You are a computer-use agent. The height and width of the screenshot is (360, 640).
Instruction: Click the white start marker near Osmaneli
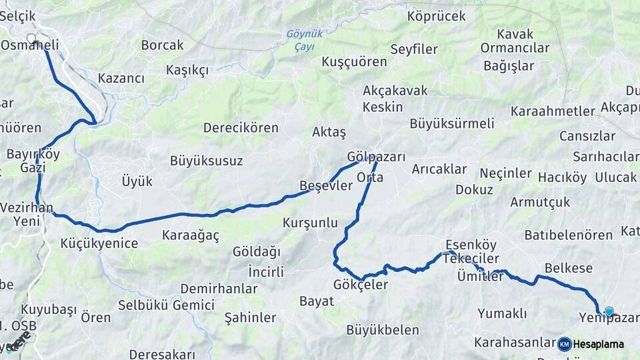[31, 39]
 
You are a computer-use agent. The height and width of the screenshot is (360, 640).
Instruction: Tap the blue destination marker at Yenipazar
[609, 311]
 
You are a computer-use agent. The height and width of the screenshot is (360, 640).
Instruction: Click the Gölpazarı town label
[376, 157]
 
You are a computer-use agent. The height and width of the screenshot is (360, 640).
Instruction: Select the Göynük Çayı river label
[304, 40]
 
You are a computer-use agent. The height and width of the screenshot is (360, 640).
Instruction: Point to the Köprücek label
[436, 16]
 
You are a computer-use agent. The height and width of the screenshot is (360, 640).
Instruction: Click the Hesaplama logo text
[599, 344]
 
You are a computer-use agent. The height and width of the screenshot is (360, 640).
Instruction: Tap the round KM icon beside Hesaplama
[565, 344]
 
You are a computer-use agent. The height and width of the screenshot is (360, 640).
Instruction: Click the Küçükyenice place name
[99, 243]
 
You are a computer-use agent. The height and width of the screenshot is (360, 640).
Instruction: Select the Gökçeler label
[360, 285]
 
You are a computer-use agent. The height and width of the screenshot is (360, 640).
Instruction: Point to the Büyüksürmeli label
[452, 123]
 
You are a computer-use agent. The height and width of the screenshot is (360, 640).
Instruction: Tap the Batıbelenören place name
[568, 235]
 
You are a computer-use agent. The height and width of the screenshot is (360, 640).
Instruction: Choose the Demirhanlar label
[219, 289]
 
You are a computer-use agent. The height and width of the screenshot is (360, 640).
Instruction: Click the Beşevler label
[325, 186]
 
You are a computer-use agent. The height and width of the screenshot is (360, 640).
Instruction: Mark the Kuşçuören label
[354, 61]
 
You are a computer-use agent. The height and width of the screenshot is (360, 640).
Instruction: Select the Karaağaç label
[191, 235]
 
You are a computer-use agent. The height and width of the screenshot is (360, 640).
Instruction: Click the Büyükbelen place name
[383, 329]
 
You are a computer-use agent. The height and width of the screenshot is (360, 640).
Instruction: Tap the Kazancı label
[121, 78]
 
